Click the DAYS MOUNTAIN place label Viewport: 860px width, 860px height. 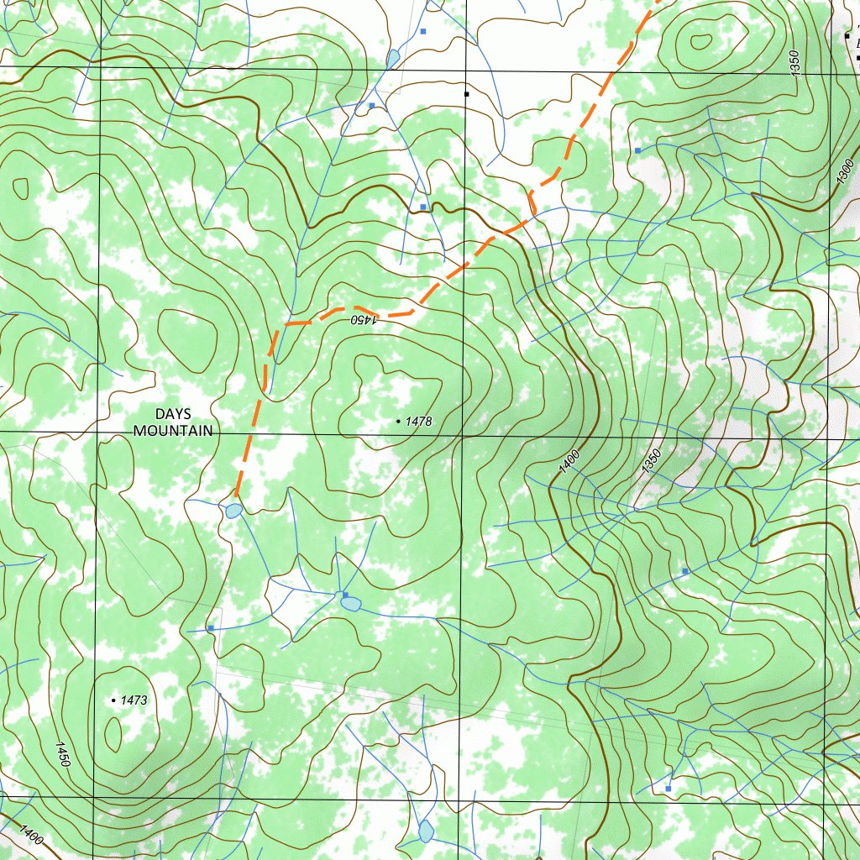point(173,422)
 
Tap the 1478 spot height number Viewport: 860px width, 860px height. point(418,422)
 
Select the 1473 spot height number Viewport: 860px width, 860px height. point(134,700)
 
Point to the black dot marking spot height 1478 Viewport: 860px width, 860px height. point(398,420)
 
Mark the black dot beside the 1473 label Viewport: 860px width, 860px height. point(114,700)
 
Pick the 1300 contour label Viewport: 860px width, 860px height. point(846,172)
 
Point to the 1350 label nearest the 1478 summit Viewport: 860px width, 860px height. point(652,464)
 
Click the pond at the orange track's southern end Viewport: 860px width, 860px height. point(233,510)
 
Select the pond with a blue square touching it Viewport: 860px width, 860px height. point(350,602)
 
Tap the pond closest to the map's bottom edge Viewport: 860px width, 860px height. point(426,831)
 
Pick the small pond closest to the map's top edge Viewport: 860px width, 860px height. point(393,58)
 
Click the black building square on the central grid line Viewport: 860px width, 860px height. point(466,94)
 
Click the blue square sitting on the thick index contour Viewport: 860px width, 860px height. point(423,207)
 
